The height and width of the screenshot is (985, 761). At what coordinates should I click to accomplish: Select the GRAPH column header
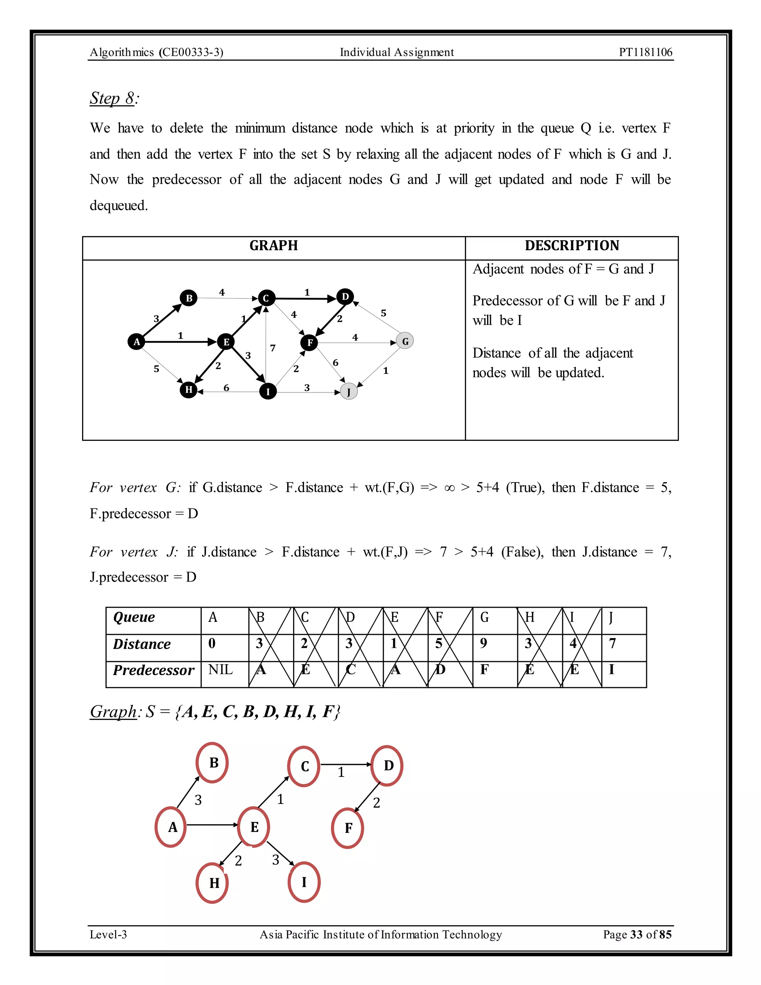(x=273, y=246)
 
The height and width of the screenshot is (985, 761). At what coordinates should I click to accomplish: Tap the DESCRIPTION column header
(x=571, y=246)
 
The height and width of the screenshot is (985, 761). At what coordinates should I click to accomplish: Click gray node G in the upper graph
(x=405, y=342)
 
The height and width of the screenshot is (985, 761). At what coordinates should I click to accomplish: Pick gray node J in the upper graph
(x=349, y=391)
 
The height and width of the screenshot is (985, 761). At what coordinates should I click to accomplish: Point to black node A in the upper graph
(x=136, y=342)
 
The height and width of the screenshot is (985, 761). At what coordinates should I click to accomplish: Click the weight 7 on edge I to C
(x=273, y=348)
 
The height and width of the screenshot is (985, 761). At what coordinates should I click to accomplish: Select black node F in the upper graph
(x=309, y=343)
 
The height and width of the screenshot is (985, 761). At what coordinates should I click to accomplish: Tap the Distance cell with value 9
(x=484, y=643)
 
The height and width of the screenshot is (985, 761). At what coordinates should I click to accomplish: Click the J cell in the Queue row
(x=611, y=617)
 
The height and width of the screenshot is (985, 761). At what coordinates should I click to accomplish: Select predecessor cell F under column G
(x=484, y=670)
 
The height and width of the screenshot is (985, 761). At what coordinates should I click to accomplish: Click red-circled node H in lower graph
(x=213, y=883)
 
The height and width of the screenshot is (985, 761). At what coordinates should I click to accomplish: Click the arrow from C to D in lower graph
(x=345, y=765)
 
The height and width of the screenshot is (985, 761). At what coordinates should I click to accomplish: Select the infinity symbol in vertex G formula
(x=449, y=488)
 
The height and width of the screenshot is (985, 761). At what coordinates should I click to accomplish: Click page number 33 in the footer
(x=636, y=934)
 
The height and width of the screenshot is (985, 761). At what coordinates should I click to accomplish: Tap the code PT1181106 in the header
(x=645, y=52)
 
